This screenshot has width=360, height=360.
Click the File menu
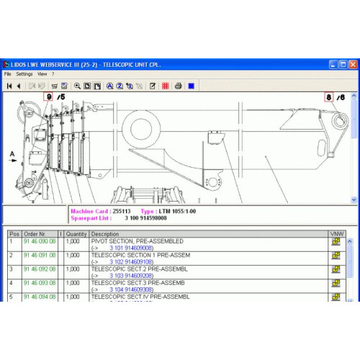8,73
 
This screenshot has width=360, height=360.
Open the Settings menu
24,73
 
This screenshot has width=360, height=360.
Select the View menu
42,73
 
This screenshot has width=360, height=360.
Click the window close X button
352,63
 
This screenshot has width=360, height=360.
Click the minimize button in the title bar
333,63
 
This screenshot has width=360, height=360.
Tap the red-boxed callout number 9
48,96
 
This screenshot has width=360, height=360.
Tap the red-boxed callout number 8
329,96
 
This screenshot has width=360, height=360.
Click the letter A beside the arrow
12,153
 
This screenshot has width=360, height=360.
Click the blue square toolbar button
191,86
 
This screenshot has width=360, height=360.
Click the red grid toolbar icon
165,86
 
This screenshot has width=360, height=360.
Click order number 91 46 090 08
39,242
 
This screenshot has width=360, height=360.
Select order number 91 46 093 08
39,283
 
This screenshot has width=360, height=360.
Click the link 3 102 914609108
130,261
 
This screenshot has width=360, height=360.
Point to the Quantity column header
76,234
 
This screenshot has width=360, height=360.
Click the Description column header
105,234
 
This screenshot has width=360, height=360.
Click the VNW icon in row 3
336,269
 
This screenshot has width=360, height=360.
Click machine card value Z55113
122,211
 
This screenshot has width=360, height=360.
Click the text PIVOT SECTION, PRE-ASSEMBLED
137,241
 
